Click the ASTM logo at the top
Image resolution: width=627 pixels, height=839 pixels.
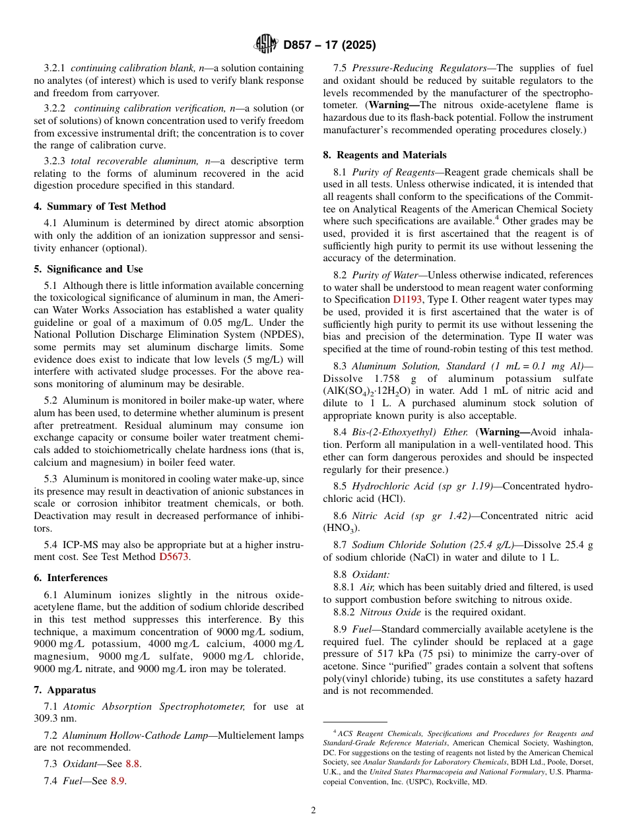coord(266,45)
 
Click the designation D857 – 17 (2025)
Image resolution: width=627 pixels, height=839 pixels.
coord(329,46)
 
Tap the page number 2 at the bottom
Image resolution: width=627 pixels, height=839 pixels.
coord(313,810)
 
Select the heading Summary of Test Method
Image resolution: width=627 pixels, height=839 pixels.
coord(100,206)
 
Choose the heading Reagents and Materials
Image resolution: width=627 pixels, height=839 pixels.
coord(385,155)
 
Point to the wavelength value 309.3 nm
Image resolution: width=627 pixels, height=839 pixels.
coord(55,719)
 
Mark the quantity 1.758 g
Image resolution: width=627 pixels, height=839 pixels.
coord(381,379)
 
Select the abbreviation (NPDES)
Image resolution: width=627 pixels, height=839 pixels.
coord(279,335)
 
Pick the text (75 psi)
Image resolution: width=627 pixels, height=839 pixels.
coord(428,654)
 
